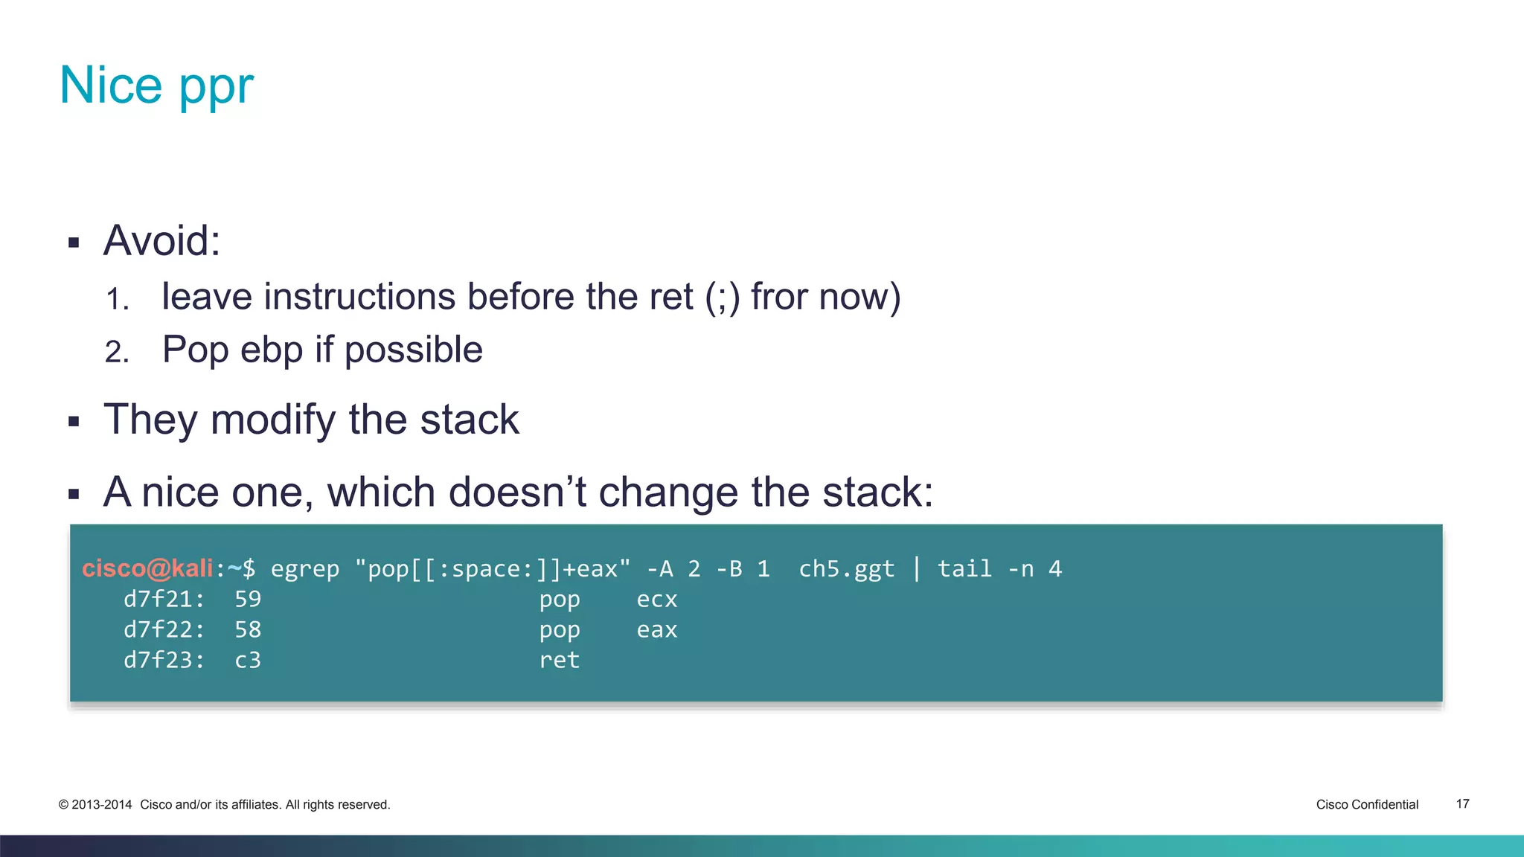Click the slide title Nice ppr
point(156,86)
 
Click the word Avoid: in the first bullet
point(161,241)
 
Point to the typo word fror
point(779,296)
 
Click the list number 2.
point(116,352)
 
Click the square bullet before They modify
point(74,422)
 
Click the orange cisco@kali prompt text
point(147,568)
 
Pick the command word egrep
point(304,569)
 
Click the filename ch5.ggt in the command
point(846,569)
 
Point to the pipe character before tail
point(917,568)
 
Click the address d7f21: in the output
point(164,599)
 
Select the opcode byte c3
point(248,660)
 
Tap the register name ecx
point(656,600)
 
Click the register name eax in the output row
point(656,630)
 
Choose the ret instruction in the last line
point(559,660)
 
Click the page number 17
point(1462,804)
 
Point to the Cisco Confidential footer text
point(1367,804)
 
